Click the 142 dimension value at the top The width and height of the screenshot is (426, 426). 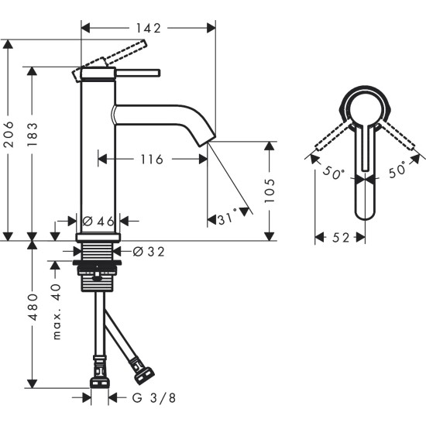point(149,28)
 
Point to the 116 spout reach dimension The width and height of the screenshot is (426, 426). point(151,160)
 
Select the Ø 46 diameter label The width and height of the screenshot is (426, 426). point(99,222)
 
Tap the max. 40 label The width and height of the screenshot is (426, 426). point(57,311)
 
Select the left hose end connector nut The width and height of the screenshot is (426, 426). point(98,381)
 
